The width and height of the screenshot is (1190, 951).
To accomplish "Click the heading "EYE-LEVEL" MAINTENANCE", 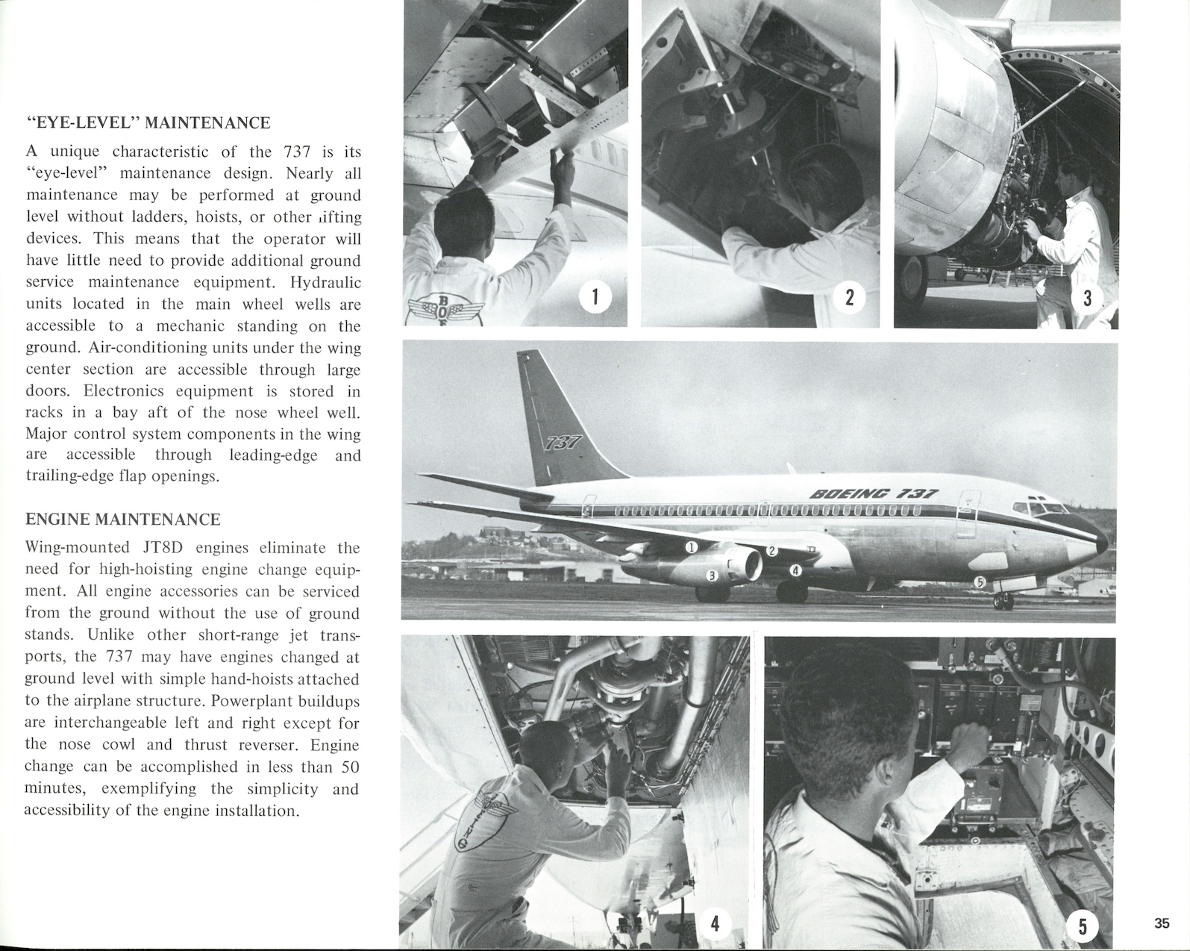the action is (148, 122).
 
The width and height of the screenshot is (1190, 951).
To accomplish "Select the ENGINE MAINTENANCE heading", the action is (123, 519).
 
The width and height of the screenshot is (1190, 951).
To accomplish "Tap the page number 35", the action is (1162, 923).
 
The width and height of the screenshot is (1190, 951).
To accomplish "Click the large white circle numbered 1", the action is (595, 297).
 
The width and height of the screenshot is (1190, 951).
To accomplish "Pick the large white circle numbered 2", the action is (849, 297).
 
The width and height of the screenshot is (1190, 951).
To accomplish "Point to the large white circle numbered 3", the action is (1087, 298).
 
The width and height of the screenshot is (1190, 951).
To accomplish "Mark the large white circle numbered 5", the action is (1082, 925).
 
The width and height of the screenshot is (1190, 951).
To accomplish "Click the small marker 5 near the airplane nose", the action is (980, 581).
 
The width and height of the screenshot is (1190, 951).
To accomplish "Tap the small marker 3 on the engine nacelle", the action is (713, 576).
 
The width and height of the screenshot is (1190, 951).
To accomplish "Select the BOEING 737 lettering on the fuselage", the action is (874, 494).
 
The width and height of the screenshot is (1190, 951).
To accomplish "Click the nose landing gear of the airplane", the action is (1003, 599).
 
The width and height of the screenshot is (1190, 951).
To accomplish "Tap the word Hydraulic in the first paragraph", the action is (325, 283).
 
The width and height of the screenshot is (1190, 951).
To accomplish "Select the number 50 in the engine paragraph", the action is (348, 767).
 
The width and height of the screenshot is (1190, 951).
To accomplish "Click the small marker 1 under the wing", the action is (691, 547).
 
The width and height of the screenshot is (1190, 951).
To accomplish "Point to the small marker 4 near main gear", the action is (795, 570).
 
